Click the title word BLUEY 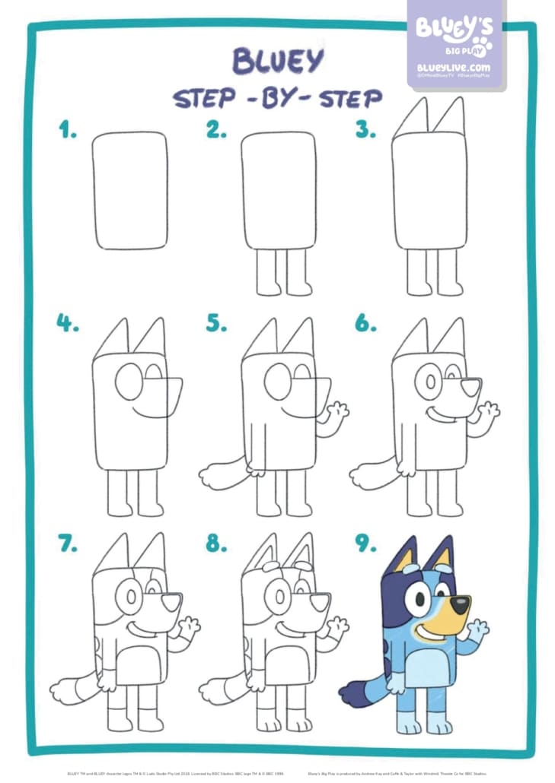277,62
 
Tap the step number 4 69,323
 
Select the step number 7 69,543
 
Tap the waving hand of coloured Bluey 478,630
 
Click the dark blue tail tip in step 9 352,693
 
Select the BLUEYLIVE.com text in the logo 454,68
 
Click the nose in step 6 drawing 472,386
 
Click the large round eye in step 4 129,381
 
